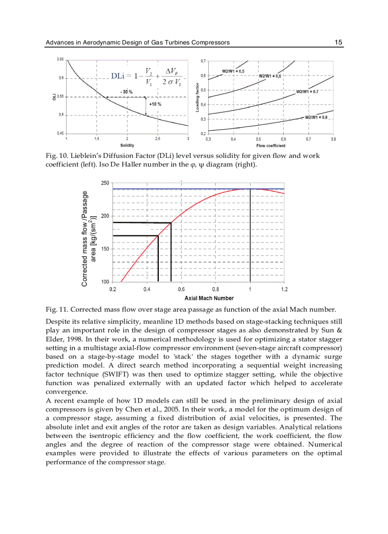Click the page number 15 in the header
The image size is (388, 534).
pos(338,42)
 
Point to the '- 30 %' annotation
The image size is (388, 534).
pos(126,91)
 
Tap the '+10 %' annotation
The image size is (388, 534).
pos(155,104)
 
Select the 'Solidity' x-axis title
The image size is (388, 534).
pos(127,145)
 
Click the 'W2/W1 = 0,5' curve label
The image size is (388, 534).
pos(233,71)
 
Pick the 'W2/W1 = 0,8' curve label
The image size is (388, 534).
pos(316,117)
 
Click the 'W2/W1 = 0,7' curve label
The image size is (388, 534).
pos(307,91)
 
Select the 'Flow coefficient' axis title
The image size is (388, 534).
pos(271,145)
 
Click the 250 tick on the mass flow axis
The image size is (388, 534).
pos(105,183)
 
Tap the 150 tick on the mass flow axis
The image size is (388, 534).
pos(105,249)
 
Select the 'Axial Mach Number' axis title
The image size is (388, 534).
pos(209,298)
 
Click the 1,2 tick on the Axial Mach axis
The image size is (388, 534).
pos(284,289)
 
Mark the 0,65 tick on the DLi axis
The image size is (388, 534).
pos(60,59)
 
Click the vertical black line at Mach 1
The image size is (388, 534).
pos(250,238)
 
